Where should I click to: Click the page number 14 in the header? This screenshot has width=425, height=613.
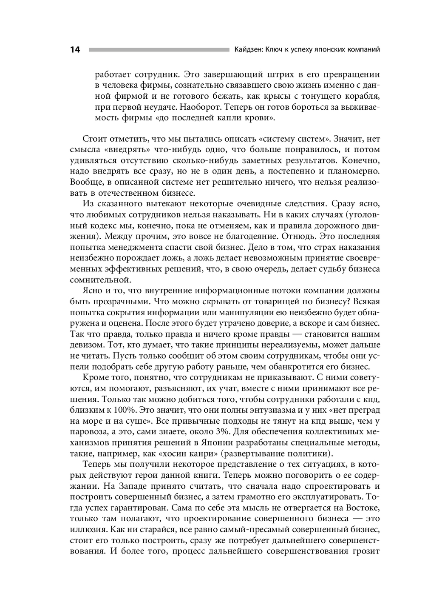point(75,50)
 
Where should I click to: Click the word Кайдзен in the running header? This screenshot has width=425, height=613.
point(248,49)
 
